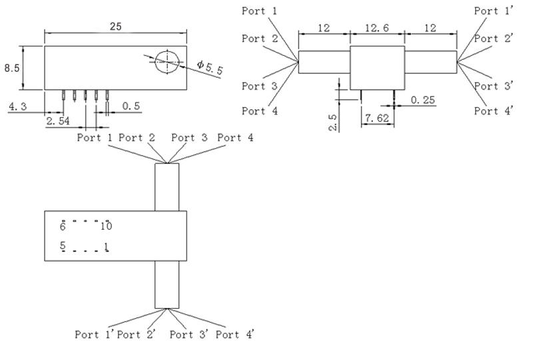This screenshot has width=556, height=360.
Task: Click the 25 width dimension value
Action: tap(116, 27)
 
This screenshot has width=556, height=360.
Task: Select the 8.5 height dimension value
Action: tap(11, 68)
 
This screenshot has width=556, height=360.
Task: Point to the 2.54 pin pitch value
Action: tap(58, 121)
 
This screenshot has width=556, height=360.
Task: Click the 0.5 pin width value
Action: tap(132, 106)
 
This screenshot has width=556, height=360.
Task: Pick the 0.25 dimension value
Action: tap(422, 100)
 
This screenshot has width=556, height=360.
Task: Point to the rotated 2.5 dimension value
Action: tap(334, 122)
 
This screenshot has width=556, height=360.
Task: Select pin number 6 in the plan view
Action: tap(63, 226)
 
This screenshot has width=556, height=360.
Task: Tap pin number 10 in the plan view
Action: tap(107, 226)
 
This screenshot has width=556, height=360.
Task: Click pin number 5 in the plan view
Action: tap(63, 246)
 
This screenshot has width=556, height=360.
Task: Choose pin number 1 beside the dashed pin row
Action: tap(107, 247)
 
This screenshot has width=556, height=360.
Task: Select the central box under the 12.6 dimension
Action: tap(377, 67)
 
